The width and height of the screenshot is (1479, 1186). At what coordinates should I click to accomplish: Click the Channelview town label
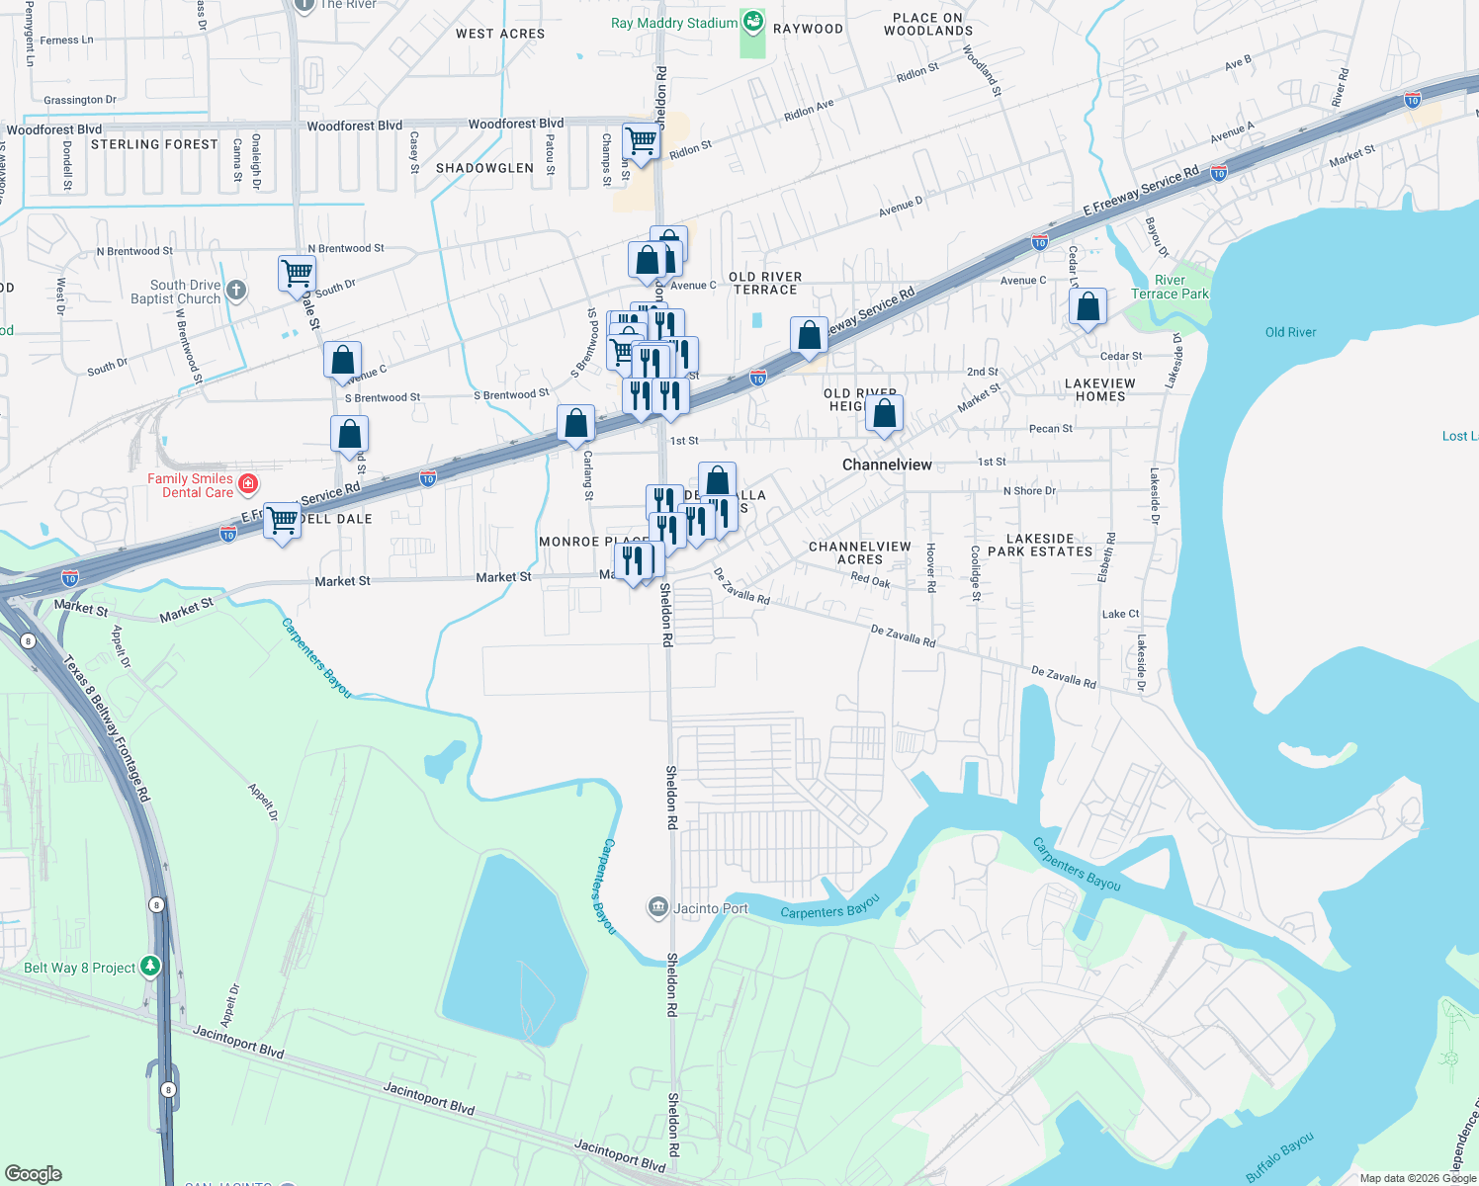click(x=887, y=465)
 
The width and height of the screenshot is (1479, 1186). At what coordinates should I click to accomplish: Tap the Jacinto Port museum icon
click(x=657, y=907)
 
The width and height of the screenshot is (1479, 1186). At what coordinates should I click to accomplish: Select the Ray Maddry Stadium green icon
click(x=752, y=22)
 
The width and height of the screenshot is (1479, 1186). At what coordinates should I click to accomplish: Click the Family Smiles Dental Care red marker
click(x=248, y=484)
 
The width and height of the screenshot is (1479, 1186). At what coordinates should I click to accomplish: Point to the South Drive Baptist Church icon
click(x=235, y=291)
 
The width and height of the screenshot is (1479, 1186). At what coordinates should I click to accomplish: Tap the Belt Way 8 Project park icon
click(x=149, y=967)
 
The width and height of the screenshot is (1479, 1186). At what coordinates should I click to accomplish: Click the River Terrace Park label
click(x=1170, y=287)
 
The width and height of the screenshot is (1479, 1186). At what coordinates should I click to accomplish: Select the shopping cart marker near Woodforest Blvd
click(x=641, y=141)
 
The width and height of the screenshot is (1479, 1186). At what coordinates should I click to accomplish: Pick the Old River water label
click(x=1290, y=332)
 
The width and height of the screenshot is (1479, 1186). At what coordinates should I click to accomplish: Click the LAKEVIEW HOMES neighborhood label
click(x=1100, y=389)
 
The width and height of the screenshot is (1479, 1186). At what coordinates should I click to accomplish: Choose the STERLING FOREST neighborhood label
click(x=154, y=144)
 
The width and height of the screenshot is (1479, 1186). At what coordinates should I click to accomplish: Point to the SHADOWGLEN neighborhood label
click(x=484, y=168)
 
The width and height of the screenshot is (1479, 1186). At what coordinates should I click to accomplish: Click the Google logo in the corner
click(x=33, y=1174)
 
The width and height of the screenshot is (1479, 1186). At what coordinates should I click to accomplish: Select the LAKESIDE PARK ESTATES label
click(x=1040, y=546)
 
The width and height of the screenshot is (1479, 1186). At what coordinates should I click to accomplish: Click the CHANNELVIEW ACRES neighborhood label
click(x=859, y=552)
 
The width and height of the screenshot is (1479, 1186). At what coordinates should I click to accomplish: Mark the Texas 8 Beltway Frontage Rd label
click(x=107, y=727)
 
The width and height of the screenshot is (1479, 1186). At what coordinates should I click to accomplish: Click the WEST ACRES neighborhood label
click(x=500, y=34)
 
